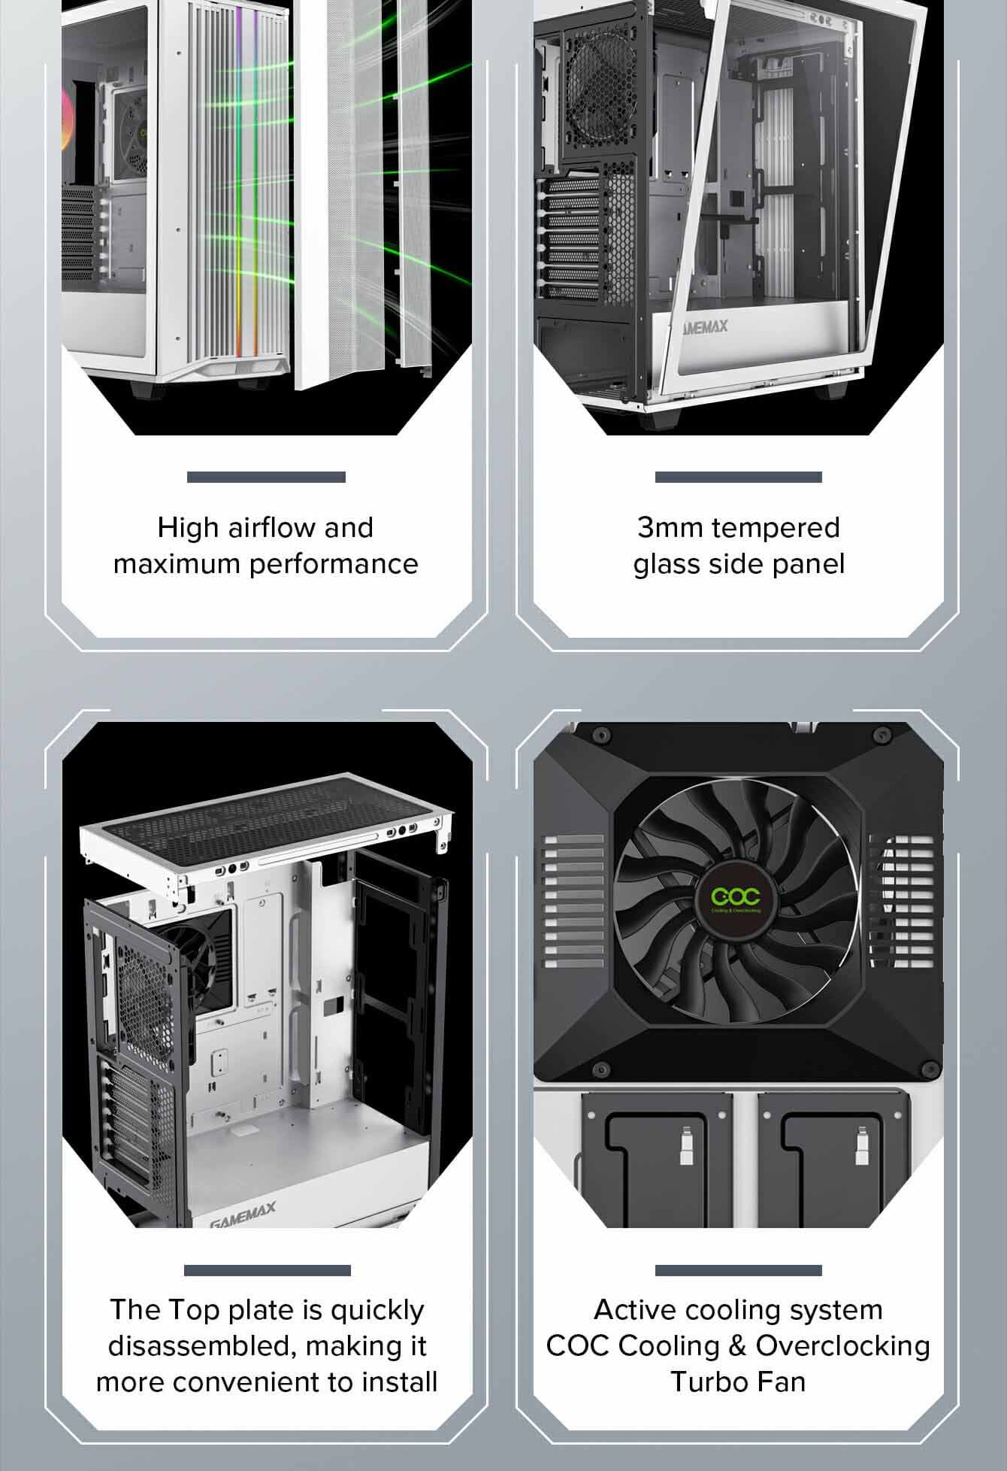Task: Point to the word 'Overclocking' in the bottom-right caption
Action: tap(843, 1345)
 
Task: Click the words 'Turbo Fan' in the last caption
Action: tap(738, 1382)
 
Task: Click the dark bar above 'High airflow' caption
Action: tap(266, 477)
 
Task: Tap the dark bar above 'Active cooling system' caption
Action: tap(738, 1270)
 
